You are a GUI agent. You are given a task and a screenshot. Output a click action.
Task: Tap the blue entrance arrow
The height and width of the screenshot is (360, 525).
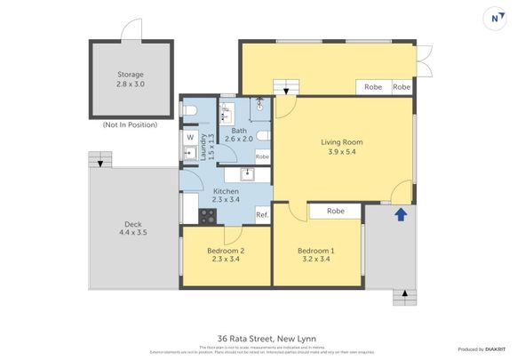point(400,213)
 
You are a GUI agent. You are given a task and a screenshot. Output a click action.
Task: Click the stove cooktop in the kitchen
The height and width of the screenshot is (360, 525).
point(206,214)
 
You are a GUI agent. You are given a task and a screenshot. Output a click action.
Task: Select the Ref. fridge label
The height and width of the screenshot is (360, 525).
point(262,215)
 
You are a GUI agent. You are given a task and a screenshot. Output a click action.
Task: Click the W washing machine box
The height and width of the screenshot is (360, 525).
point(190,137)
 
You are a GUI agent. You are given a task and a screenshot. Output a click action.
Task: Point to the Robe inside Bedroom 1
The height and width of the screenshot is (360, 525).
point(335,211)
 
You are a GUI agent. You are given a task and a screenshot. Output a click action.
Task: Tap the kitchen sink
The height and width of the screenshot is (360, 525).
point(248,174)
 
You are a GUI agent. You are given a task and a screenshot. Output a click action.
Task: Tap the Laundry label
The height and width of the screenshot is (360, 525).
point(204,147)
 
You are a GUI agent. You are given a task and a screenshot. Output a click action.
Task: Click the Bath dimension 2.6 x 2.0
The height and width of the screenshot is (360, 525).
point(238,139)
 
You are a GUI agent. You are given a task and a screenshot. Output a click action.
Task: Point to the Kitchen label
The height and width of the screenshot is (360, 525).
point(225,192)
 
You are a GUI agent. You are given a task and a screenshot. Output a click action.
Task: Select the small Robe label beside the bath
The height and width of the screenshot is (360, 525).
point(262,156)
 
